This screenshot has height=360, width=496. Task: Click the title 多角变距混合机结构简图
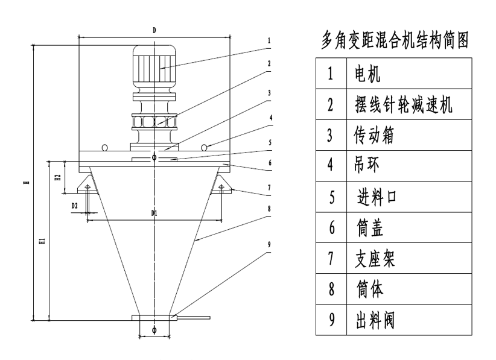(x=396, y=40)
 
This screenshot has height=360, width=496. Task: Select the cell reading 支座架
(x=374, y=258)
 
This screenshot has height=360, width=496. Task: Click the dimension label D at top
(x=154, y=30)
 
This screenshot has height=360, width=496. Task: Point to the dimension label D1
(x=154, y=213)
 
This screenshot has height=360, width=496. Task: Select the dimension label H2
(x=57, y=178)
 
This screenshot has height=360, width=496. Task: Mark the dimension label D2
(x=75, y=206)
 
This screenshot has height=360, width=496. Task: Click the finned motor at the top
(x=155, y=70)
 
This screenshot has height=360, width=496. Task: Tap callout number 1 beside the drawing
(x=269, y=42)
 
